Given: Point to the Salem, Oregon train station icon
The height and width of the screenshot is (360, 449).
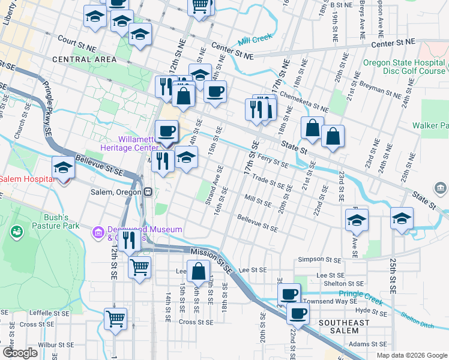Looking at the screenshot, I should pos(147,191).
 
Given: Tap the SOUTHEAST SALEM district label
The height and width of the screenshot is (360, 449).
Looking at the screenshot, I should pos(344,327).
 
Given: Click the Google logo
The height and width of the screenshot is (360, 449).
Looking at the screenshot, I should pos(20,353).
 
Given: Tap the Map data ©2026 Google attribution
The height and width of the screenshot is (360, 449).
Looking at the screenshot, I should pos(412,355).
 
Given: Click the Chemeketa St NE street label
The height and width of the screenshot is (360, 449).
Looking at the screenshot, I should pos(304,101).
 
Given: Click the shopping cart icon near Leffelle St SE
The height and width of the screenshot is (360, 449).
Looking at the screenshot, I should pos(115,318).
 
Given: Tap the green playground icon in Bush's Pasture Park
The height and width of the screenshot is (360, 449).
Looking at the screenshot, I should pos(16,230).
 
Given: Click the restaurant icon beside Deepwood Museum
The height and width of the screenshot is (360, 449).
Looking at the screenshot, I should pos(128,239).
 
